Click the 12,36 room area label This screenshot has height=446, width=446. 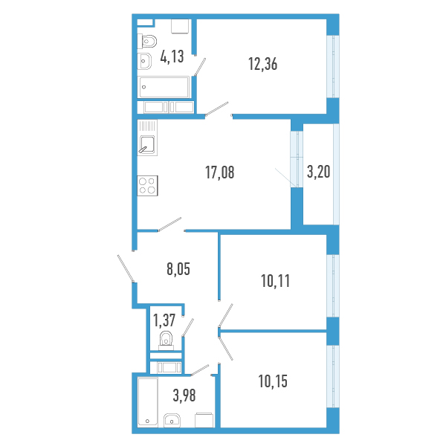point(263,64)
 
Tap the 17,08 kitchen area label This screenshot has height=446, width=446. point(219,172)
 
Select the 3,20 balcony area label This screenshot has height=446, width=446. point(319,172)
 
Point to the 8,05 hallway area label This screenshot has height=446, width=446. point(178,269)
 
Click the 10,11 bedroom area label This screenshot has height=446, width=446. point(275,281)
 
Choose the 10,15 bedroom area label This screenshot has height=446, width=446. point(273,381)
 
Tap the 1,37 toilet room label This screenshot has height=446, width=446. point(164,320)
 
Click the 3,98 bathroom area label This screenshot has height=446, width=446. point(184,395)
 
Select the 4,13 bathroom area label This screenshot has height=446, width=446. point(172,56)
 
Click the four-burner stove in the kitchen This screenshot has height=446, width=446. point(148,186)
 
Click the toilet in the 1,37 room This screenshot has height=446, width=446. point(166,340)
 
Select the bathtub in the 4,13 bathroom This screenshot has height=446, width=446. point(164,87)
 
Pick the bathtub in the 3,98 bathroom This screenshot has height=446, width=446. point(148,402)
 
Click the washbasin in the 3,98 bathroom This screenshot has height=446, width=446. point(172,421)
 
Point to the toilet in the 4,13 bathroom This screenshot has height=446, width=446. point(147,42)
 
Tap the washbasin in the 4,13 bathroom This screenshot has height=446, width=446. point(144,61)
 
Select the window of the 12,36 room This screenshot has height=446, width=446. point(333,67)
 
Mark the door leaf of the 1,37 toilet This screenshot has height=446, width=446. point(188,328)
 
